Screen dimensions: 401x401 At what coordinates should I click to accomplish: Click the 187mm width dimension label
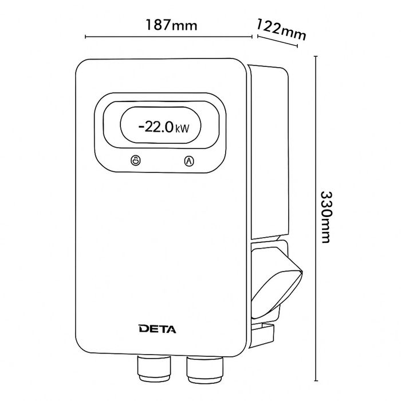(x=171, y=25)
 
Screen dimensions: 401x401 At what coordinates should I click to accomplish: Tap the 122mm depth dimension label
(x=281, y=29)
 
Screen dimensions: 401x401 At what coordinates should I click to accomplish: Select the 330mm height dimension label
(x=326, y=217)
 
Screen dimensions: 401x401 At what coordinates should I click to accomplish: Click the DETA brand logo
(x=158, y=329)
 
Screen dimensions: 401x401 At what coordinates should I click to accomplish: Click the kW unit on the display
(x=182, y=128)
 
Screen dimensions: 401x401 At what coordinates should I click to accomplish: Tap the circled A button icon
(x=189, y=161)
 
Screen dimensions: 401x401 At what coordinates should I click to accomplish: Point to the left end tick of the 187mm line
(x=85, y=37)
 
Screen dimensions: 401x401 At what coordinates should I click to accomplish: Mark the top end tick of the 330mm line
(x=316, y=56)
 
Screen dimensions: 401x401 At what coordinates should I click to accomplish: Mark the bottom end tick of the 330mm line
(x=316, y=381)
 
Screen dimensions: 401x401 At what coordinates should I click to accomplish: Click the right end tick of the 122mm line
(x=297, y=46)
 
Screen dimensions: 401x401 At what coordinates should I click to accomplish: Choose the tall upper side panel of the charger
(x=270, y=151)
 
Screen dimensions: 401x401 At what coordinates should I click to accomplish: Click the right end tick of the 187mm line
(x=252, y=37)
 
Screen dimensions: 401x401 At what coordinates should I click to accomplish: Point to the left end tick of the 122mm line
(x=258, y=36)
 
